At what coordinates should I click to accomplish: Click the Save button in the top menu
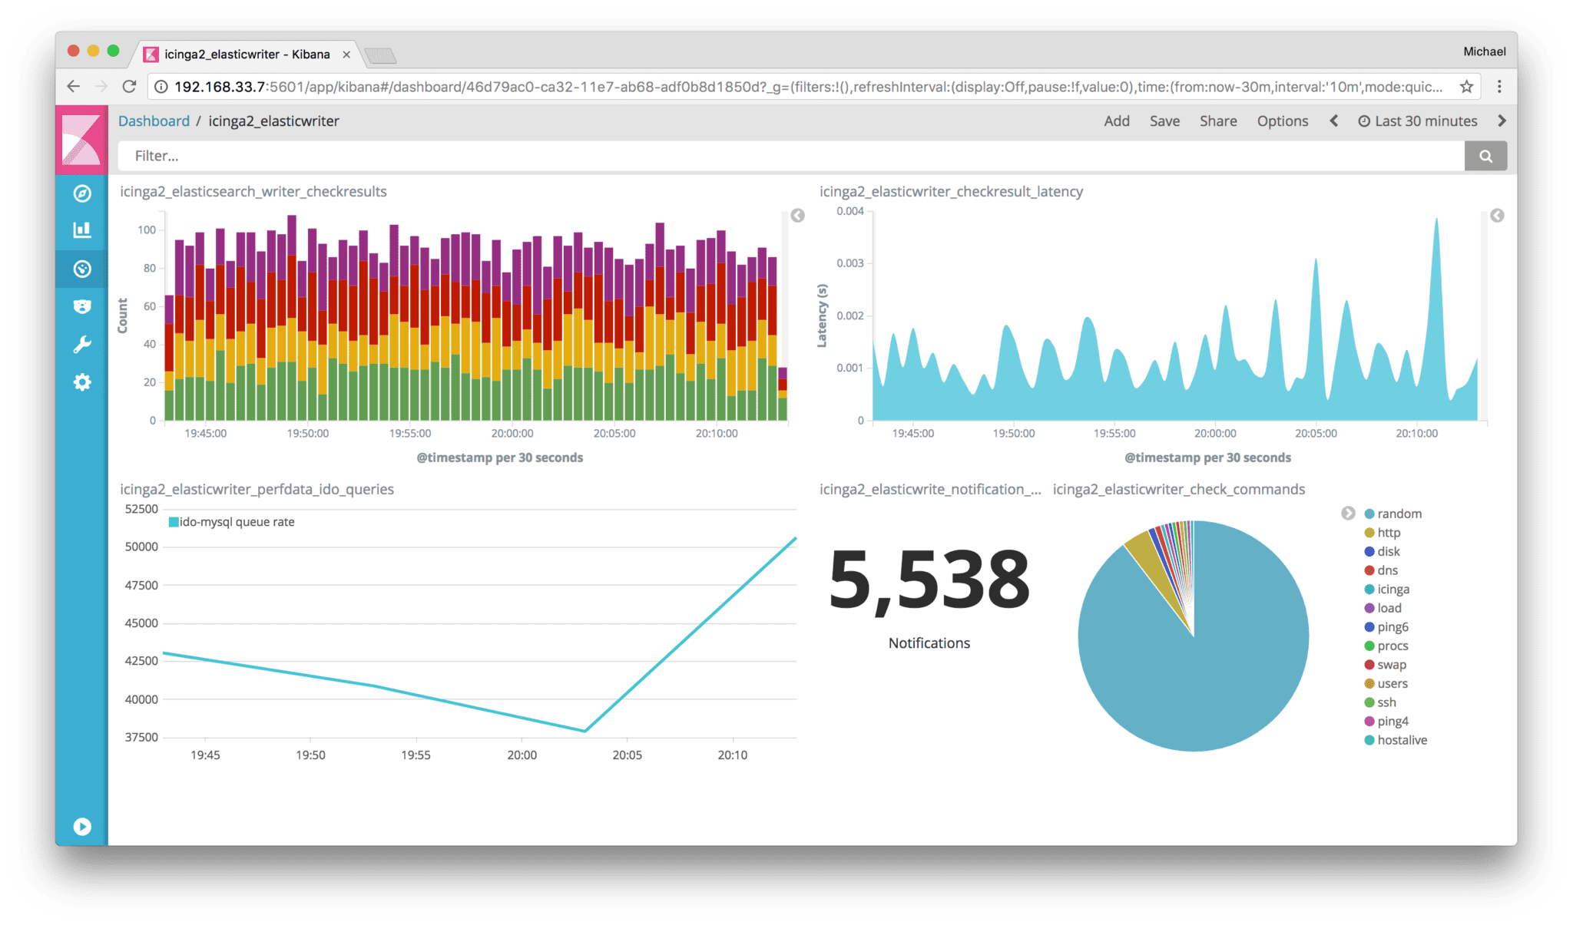[x=1164, y=121]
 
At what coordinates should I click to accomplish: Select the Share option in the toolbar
[x=1217, y=121]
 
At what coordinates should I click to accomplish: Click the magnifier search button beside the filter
[x=1485, y=156]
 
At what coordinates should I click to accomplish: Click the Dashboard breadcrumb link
[x=154, y=121]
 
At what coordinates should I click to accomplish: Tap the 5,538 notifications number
[x=929, y=580]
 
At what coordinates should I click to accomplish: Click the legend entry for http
[x=1388, y=533]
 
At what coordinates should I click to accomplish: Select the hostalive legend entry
[x=1401, y=740]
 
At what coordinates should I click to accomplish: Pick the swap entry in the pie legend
[x=1391, y=665]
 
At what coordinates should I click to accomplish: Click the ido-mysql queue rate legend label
[x=236, y=522]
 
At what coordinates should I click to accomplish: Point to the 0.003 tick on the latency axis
[x=849, y=263]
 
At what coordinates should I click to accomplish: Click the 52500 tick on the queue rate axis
[x=141, y=509]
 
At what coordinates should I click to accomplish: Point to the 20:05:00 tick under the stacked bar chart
[x=614, y=434]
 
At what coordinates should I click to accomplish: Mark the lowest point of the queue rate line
[x=585, y=731]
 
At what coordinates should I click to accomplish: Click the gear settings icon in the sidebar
[x=82, y=382]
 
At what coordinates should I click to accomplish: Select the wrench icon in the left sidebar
[x=82, y=345]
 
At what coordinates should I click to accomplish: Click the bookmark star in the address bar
[x=1466, y=87]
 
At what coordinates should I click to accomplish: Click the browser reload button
[x=129, y=87]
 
